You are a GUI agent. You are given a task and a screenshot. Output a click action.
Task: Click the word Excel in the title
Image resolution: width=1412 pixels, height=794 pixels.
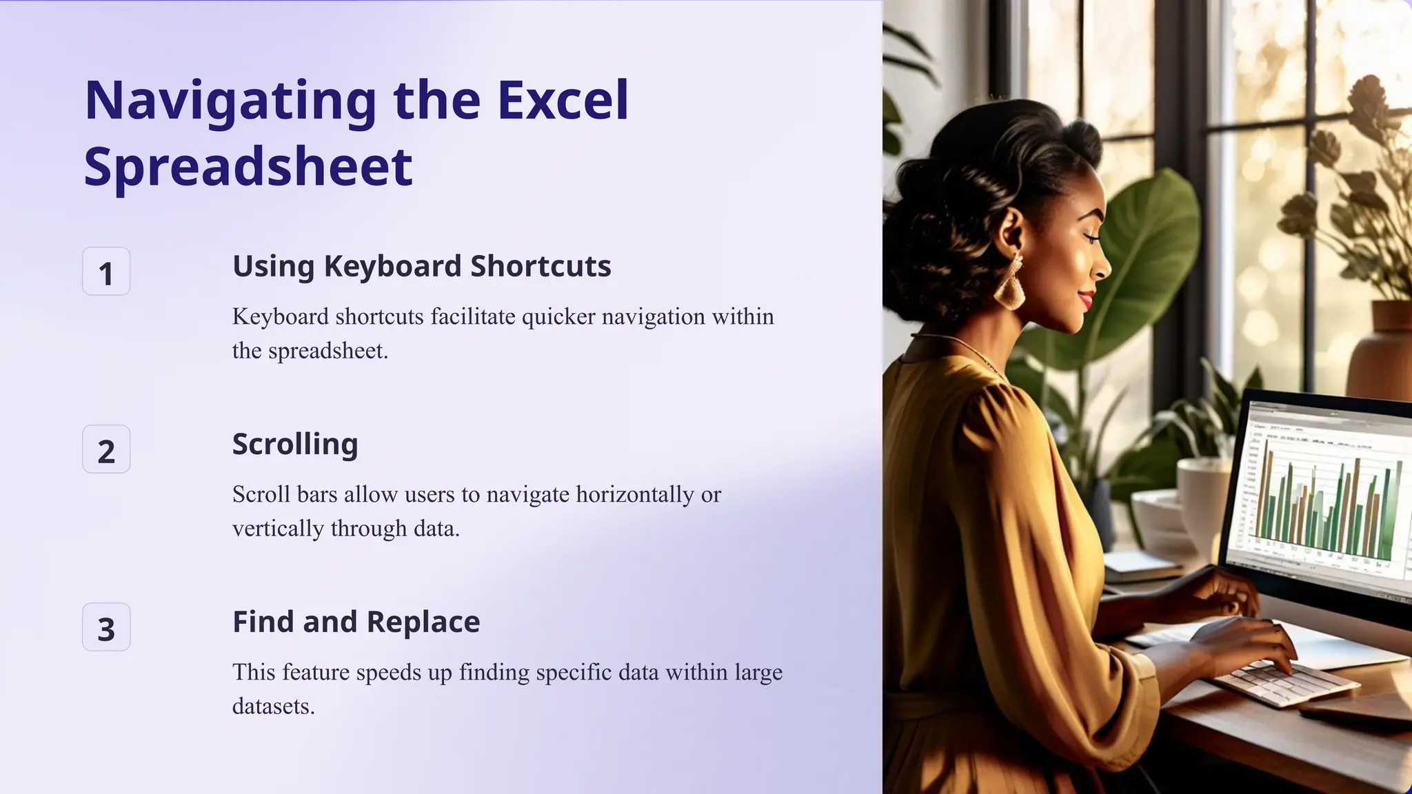click(x=563, y=101)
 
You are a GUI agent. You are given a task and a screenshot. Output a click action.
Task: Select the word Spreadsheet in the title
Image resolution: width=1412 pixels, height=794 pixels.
click(x=248, y=167)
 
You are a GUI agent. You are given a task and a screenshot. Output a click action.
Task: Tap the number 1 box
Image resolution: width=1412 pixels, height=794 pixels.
click(x=106, y=272)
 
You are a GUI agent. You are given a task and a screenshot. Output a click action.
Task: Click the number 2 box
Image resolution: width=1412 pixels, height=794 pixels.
click(x=106, y=449)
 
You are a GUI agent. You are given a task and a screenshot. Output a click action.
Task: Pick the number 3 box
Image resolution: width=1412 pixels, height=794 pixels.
click(x=106, y=627)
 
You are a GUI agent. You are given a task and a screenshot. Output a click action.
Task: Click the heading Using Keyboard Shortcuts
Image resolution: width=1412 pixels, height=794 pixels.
click(x=421, y=266)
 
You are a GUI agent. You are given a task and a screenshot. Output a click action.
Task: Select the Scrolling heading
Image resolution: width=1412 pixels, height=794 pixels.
click(x=295, y=444)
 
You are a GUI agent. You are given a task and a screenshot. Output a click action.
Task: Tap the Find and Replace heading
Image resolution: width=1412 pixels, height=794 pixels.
click(x=356, y=622)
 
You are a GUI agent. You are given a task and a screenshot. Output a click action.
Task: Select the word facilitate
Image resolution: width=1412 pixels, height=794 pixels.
click(x=473, y=317)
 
